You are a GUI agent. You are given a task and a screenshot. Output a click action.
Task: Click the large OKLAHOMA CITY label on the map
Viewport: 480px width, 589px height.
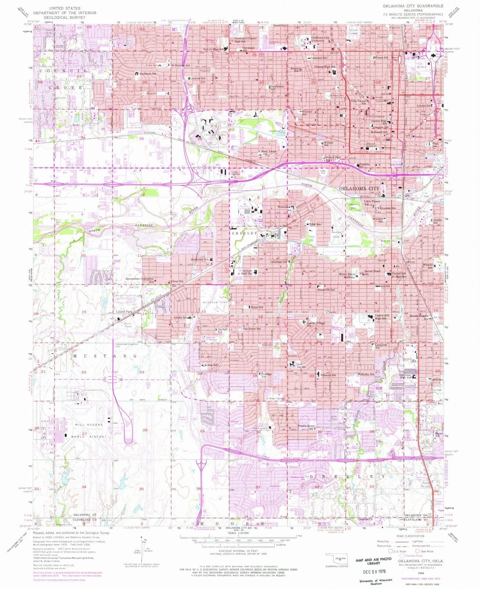tap(359, 188)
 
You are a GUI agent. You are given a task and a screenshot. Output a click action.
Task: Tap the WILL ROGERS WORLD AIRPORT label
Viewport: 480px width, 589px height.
tap(90, 431)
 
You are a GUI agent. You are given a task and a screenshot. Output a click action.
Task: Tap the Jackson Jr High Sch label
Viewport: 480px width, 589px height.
tap(247, 272)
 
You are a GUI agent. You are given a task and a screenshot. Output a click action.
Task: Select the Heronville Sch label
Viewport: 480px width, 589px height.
tap(326, 290)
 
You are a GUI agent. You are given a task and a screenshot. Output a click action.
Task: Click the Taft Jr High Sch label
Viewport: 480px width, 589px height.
tap(214, 49)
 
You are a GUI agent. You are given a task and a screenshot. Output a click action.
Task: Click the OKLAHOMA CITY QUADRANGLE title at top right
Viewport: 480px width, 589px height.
tap(413, 6)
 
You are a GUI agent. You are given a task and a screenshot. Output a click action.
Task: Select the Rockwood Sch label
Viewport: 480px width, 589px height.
tap(200, 260)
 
